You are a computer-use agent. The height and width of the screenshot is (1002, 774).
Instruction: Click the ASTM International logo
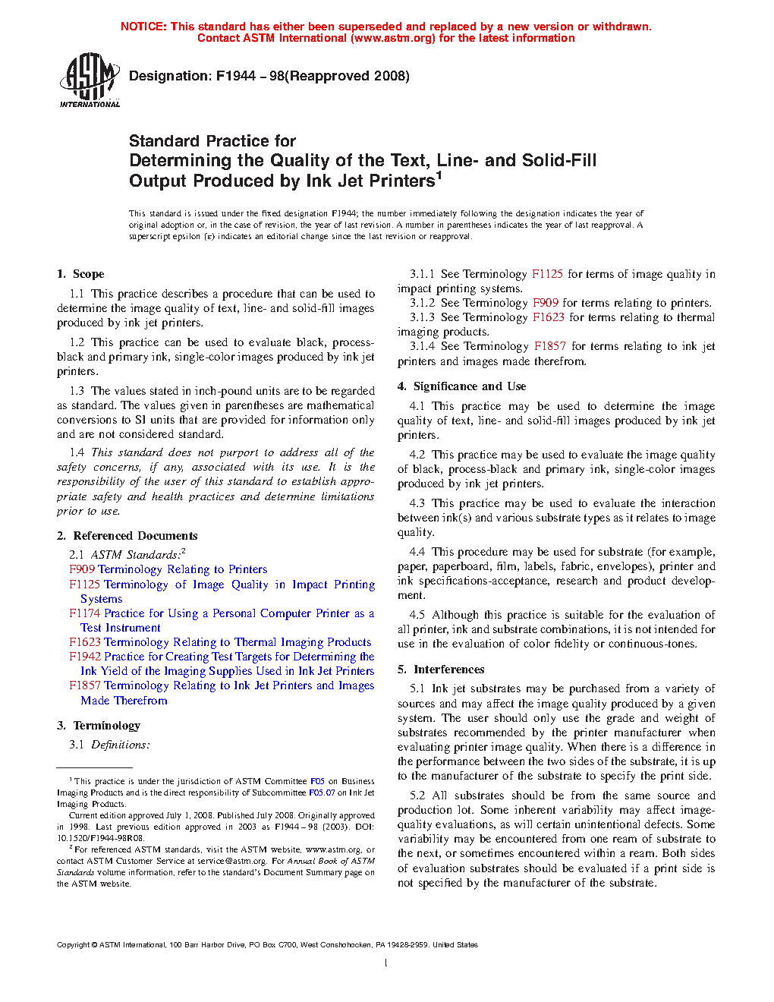[90, 80]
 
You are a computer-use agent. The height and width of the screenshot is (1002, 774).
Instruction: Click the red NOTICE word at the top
[143, 27]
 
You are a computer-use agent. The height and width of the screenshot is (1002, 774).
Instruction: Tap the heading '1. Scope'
[80, 274]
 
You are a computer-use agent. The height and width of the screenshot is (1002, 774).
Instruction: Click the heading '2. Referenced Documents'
[127, 536]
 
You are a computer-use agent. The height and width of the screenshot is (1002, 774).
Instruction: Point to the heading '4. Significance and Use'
[461, 386]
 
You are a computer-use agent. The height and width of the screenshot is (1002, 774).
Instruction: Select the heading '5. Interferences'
[441, 670]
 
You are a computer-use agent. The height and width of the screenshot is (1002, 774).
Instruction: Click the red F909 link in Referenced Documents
[82, 569]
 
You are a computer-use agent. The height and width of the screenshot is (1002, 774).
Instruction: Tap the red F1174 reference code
[85, 613]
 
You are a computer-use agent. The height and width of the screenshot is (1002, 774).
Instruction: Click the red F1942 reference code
[85, 657]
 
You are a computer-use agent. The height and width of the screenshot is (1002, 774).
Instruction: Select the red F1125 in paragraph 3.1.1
[547, 274]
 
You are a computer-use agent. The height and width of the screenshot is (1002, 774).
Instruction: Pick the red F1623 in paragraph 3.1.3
[548, 317]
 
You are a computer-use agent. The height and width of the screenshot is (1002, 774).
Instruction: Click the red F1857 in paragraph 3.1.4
[549, 346]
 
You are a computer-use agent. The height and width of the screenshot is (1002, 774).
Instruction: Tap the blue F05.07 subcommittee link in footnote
[322, 792]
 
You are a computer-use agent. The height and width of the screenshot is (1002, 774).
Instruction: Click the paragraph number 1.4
[77, 452]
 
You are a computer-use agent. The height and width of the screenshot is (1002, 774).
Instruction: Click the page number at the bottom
[386, 963]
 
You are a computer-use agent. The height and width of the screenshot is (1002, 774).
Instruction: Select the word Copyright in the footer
[73, 945]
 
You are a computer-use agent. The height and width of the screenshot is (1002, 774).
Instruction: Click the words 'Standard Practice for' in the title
[212, 141]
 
